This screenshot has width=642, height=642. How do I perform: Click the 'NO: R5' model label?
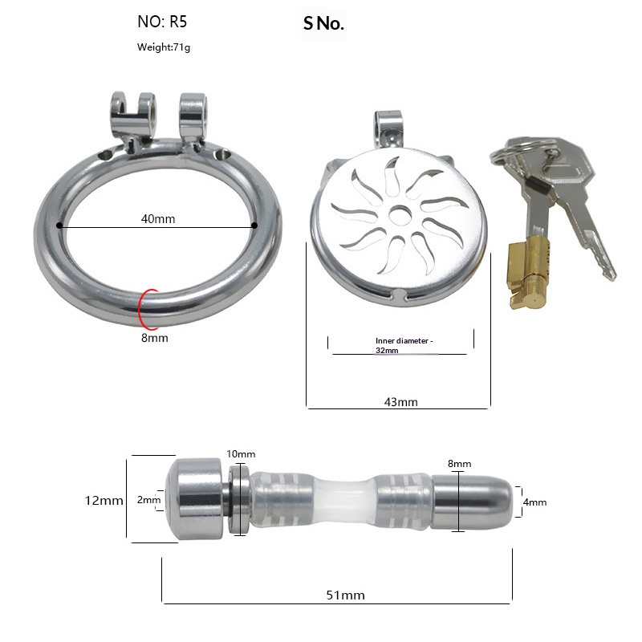162,22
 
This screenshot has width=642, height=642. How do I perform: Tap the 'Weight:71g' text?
164,47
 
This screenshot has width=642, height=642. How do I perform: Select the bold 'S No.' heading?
323,24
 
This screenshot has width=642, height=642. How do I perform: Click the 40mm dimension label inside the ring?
158,218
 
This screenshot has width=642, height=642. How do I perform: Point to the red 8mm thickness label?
155,338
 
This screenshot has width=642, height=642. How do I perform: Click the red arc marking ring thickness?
140,309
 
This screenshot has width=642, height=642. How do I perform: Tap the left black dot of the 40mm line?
59,226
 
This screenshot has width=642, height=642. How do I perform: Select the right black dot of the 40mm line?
254,226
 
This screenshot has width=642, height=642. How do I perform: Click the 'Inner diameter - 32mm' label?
404,345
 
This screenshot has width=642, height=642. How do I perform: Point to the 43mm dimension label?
400,402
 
